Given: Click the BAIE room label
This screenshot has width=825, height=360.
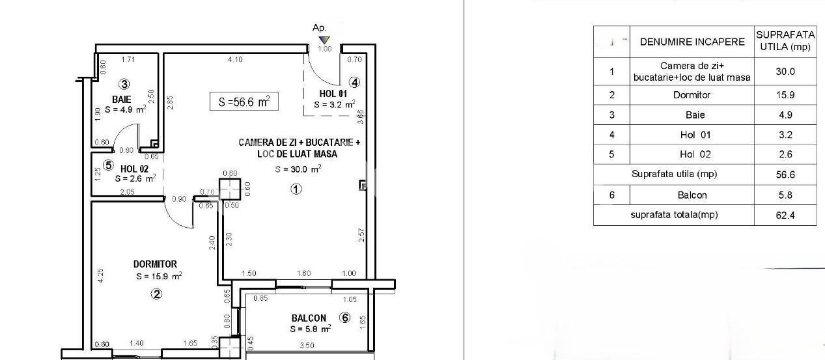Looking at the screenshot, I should pos(121,100).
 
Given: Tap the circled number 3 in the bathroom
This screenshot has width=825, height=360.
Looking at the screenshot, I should pos(124,83).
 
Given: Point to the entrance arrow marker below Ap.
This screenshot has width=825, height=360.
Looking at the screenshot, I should pos(324,40).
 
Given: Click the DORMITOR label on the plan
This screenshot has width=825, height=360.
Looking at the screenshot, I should pos(155,264).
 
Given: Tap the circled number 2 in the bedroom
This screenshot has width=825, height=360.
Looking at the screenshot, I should pos(156,294).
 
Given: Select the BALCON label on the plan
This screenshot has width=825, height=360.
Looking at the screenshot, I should pos(309,318).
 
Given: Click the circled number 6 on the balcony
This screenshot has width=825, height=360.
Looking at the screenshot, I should pos(345,318).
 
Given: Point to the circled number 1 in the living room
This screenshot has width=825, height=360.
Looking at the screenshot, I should pos(296,189).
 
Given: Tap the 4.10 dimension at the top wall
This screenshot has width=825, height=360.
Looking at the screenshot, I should pos(235,60).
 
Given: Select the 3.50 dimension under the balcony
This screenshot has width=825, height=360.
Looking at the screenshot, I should pos(307,346).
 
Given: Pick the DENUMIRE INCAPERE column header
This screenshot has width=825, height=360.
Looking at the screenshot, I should pos(692,42).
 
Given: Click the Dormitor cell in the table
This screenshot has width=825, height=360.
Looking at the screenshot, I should pos(692,95).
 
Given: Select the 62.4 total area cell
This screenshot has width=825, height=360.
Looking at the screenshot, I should pos(785,215).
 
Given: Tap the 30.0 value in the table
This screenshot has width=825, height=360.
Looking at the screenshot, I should pos(785,72).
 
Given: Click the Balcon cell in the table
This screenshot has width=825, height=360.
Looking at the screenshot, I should pos(692,195).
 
